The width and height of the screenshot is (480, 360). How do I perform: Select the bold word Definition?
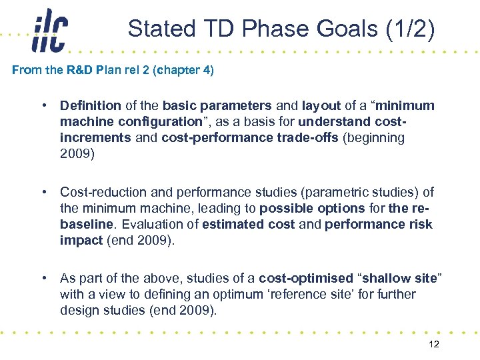tap(91, 105)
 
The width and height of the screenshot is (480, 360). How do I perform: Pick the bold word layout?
tap(321, 105)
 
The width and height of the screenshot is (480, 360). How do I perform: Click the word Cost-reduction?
tap(101, 192)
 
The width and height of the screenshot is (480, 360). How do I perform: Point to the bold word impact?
tap(81, 240)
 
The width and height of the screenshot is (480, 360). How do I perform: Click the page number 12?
tap(434, 344)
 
